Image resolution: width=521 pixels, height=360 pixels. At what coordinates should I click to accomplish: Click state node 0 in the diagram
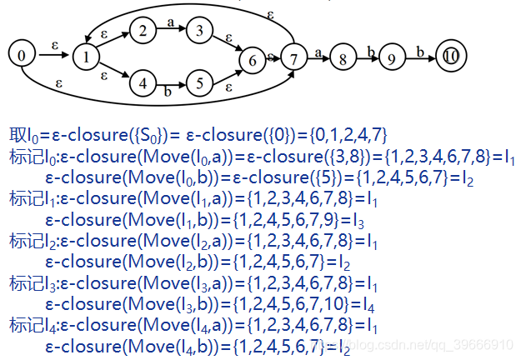[22, 56]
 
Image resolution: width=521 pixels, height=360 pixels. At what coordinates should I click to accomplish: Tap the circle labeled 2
[143, 32]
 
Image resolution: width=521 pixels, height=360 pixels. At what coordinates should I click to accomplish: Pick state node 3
[198, 32]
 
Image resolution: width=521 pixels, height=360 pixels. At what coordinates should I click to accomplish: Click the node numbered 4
[143, 83]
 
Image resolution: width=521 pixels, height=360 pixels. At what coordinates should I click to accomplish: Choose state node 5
[198, 83]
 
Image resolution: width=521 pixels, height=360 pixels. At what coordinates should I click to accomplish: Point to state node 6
[248, 59]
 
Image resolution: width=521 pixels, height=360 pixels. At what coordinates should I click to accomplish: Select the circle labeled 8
[343, 59]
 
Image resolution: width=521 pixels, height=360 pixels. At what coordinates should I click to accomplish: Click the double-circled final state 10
[450, 57]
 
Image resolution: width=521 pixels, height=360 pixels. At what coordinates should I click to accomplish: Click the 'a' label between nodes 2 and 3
[170, 24]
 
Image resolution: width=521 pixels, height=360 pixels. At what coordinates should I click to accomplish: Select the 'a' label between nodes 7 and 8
[318, 52]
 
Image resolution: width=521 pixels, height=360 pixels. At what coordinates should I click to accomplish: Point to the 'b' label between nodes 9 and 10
[420, 52]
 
